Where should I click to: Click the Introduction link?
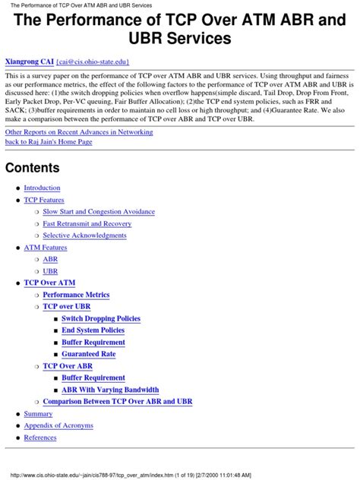42,188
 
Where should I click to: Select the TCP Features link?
44,200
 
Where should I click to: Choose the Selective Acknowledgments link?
84,235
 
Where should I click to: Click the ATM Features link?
45,248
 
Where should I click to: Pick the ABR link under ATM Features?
50,259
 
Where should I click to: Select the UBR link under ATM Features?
50,271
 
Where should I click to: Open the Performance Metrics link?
76,295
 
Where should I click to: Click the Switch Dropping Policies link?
101,319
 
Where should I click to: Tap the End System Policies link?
93,330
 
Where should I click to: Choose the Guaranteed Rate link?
89,354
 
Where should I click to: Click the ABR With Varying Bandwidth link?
110,390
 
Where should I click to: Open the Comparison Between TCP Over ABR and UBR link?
118,401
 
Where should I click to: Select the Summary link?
38,414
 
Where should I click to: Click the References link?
40,437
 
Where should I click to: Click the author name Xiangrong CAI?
29,61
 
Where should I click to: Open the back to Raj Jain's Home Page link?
49,142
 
